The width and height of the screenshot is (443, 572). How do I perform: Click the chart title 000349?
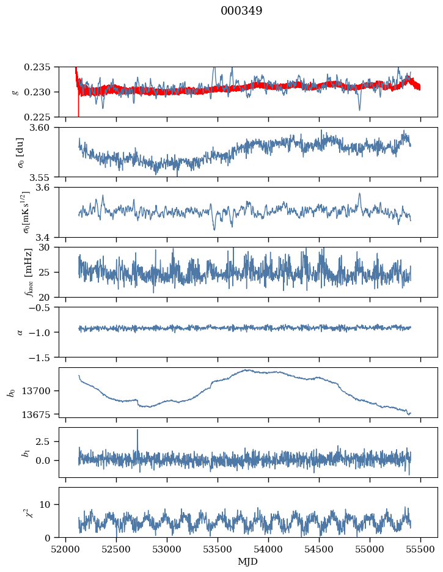[241, 11]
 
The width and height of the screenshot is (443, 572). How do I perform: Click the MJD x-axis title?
[248, 561]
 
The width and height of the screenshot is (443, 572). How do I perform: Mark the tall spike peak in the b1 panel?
[137, 430]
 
